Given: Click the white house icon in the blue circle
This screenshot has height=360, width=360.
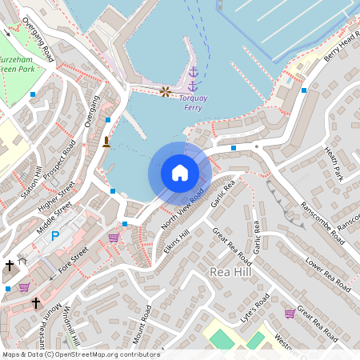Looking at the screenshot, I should click(180, 172).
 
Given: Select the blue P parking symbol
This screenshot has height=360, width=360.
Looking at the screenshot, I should click(55, 236).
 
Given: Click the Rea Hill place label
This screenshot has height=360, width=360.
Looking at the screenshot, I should click(230, 273).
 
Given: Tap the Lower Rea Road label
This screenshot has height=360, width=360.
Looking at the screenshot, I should click(328, 272).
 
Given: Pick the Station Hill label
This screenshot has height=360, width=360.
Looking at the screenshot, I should click(33, 182).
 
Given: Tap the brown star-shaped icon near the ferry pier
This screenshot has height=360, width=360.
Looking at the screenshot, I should click(166, 92).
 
